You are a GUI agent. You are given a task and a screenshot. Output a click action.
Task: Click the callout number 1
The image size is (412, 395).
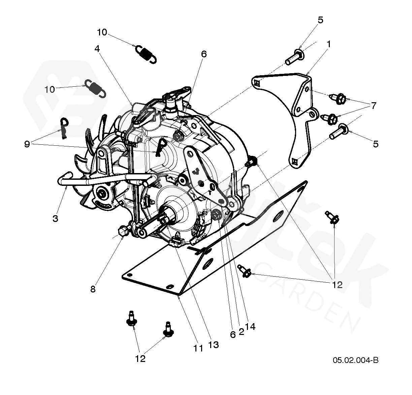[328, 44]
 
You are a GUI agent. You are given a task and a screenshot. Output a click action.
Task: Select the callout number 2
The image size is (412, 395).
[241, 331]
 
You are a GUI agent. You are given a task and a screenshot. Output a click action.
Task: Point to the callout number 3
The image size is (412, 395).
[56, 218]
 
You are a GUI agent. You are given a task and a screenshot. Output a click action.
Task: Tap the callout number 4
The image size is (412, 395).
[97, 49]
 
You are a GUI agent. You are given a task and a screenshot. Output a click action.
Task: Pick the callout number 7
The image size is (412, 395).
[373, 106]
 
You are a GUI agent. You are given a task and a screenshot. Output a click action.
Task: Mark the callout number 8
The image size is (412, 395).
[93, 289]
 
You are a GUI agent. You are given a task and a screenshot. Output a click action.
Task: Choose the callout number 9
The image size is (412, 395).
[27, 144]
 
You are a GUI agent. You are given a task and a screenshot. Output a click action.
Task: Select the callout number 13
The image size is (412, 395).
[214, 344]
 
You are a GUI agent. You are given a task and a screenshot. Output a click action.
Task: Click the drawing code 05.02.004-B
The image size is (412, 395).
[356, 360]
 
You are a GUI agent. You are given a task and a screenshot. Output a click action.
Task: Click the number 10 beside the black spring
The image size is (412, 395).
[102, 32]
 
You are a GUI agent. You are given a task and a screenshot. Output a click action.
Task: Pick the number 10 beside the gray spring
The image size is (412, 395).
[50, 89]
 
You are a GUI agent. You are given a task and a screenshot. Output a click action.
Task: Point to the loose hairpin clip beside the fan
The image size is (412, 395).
[64, 127]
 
